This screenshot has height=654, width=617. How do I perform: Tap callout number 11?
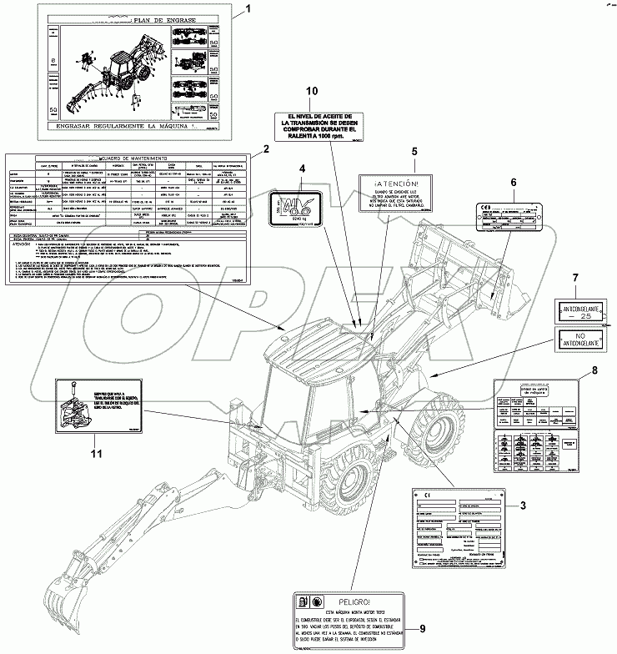97,454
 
